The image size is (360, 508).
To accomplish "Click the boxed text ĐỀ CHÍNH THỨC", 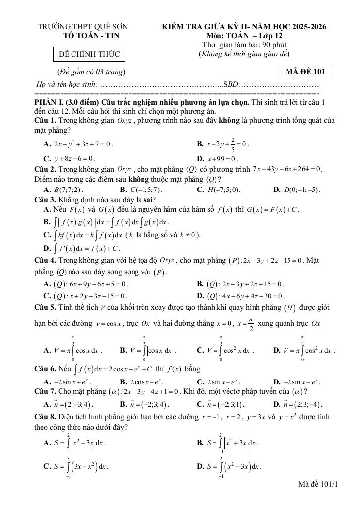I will (x=86, y=54).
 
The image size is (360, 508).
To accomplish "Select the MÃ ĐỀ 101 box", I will (x=305, y=72).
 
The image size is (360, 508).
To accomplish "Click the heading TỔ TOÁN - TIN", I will (x=91, y=36).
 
